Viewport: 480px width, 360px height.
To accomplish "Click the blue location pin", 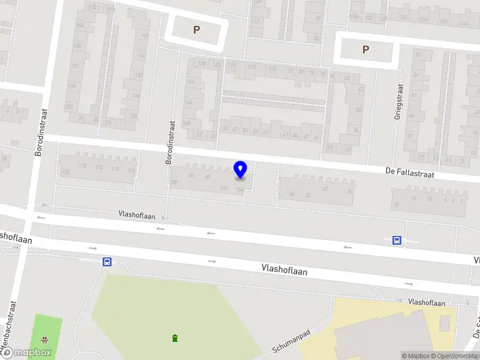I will coord(241,170).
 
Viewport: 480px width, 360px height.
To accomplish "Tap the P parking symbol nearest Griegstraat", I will coord(366,50).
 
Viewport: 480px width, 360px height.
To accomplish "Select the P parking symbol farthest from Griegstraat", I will coord(196,29).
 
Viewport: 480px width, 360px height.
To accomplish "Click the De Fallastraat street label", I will coord(409,173).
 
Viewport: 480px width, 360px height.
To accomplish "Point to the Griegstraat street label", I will coord(397,101).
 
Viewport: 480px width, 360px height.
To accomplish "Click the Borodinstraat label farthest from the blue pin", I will coord(41,133).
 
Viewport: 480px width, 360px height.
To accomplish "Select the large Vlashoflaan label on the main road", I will coord(284,271).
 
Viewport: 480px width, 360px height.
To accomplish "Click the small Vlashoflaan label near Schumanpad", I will coord(426,302).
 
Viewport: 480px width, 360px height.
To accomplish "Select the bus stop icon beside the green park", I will coord(107,262).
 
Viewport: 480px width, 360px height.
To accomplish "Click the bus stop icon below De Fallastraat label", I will coord(397,240).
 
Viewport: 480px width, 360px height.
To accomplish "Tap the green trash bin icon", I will coord(175,338).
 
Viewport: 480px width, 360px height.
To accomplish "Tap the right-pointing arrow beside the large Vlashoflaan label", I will coord(212,262).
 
